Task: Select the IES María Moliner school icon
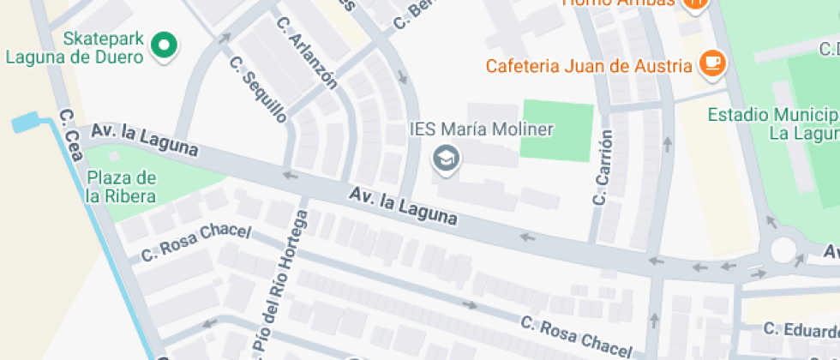(x=445, y=159)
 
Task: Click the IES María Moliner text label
(x=482, y=130)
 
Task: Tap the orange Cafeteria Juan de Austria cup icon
(x=711, y=63)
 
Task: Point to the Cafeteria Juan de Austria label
(x=588, y=65)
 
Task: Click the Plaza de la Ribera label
(x=121, y=187)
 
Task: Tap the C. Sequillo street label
(x=258, y=91)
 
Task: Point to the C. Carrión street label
(x=603, y=168)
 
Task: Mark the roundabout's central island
(x=784, y=249)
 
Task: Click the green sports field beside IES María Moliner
(x=558, y=129)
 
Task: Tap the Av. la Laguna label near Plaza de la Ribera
(x=145, y=141)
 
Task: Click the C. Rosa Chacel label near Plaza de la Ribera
(x=196, y=242)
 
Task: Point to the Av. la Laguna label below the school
(x=403, y=207)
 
